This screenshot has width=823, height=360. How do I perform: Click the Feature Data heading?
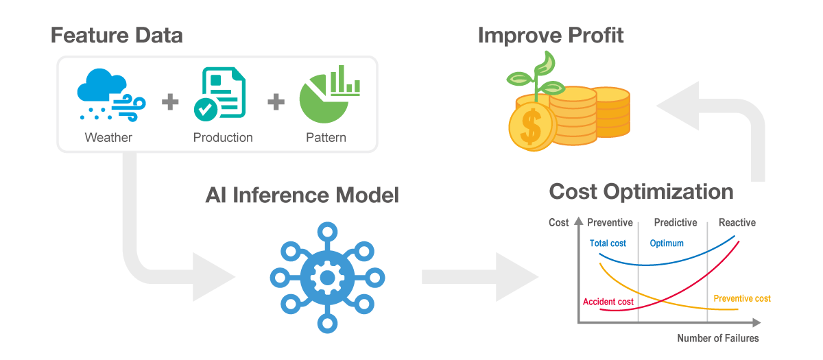[117, 35]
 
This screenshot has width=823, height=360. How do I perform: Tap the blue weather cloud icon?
[111, 95]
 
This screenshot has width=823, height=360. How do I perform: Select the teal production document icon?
[219, 94]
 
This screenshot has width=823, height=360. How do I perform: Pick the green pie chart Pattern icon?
[330, 94]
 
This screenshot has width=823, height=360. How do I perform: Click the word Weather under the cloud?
[108, 137]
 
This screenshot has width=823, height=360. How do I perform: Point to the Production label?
[223, 137]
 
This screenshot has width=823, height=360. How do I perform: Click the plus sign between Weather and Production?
[170, 101]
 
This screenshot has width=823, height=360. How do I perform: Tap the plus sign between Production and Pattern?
[276, 101]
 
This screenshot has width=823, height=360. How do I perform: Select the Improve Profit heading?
[550, 35]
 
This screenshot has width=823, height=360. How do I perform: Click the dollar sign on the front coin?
[531, 127]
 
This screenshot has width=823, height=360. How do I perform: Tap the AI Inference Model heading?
[302, 195]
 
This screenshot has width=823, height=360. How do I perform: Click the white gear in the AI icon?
[327, 278]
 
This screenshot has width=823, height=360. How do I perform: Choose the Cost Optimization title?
[641, 191]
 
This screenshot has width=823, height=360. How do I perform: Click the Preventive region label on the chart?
[610, 223]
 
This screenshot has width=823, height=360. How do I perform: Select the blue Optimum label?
[667, 243]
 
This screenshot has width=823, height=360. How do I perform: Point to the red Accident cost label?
[608, 302]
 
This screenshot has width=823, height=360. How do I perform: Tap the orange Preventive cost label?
[742, 299]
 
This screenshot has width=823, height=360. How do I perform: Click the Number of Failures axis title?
[718, 338]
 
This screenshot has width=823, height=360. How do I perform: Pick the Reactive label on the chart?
[737, 223]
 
